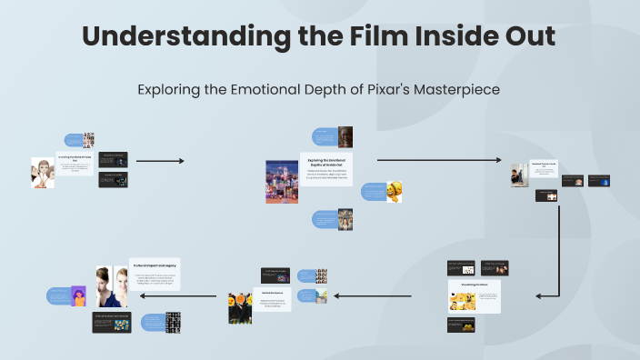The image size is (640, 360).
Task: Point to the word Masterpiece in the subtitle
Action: click(x=453, y=90)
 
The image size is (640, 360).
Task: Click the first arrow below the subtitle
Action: click(x=160, y=161)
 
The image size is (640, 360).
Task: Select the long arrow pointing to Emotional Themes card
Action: click(x=438, y=160)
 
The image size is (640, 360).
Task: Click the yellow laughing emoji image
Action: click(x=395, y=192)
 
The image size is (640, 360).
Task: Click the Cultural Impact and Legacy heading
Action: click(x=155, y=265)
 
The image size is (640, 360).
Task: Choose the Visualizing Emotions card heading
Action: click(x=473, y=285)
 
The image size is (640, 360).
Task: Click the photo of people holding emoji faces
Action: click(x=240, y=307)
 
